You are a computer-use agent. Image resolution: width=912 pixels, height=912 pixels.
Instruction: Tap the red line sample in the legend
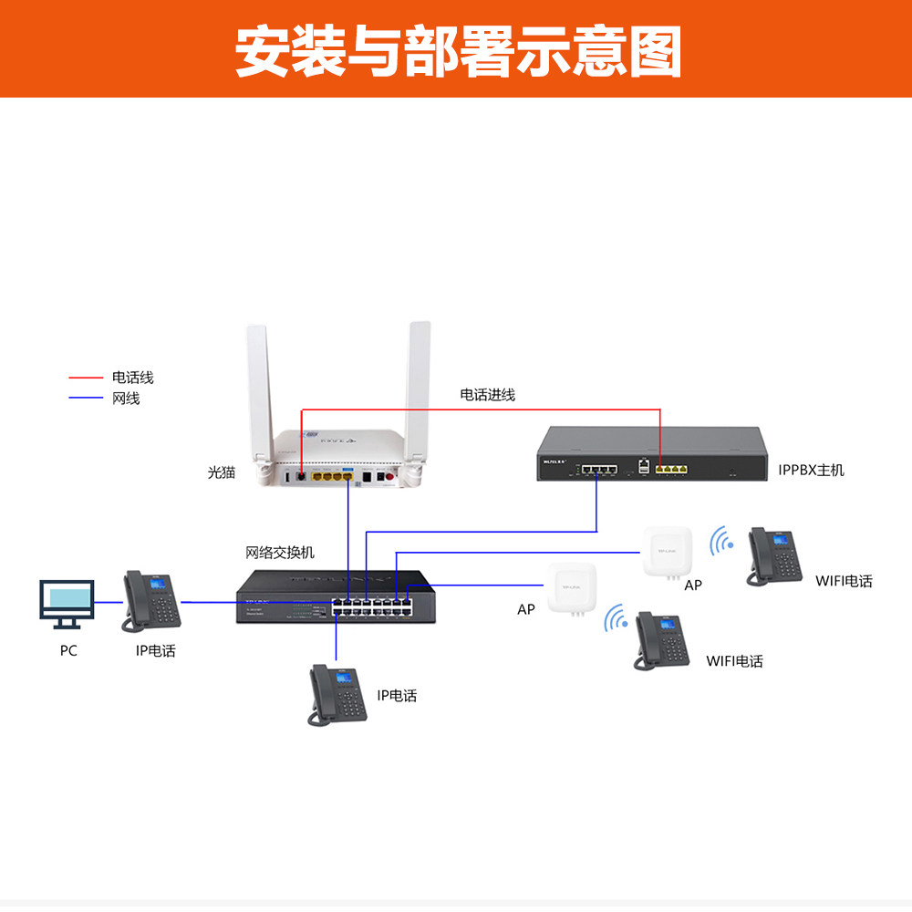tap(86, 377)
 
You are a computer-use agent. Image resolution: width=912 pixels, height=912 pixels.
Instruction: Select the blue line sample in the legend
tap(86, 399)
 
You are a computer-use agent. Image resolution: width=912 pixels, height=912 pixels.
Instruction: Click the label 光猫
tap(222, 472)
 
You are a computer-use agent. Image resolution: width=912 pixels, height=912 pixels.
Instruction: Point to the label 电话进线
tap(487, 395)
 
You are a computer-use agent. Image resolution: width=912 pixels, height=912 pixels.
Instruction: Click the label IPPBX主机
tap(811, 470)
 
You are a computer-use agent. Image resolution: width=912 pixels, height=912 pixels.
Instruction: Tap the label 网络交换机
tap(280, 553)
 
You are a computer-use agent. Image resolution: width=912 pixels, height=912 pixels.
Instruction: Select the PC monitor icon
tap(67, 603)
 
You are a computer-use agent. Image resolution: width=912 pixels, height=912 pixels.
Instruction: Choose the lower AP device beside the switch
tap(572, 589)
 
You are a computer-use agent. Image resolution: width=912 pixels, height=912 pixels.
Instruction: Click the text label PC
tap(68, 650)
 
